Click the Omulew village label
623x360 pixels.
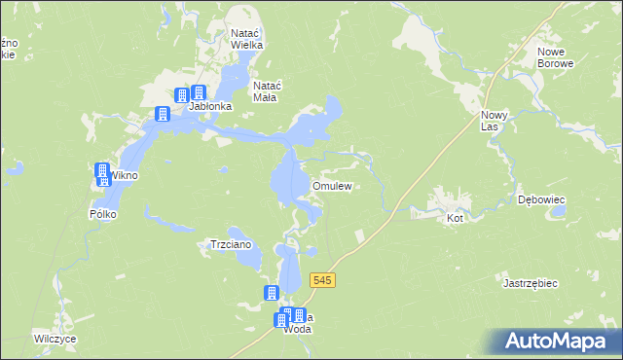331,185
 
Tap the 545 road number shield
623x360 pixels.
323,280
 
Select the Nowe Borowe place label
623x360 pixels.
556,57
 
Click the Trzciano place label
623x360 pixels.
232,244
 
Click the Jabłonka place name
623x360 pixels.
209,106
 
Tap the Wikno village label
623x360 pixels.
125,176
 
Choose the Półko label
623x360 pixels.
102,213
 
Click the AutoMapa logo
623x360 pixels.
555,342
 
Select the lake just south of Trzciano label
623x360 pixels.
243,261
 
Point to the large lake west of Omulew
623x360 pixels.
285,180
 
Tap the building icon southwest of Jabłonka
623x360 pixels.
162,115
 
